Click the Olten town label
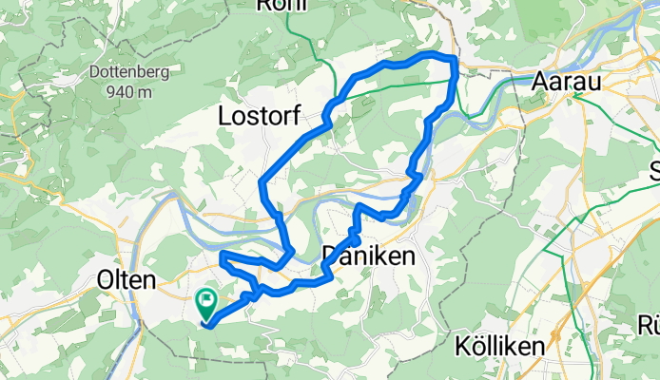[x=126, y=280]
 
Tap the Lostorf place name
[x=260, y=117]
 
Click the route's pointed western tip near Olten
[x=221, y=256]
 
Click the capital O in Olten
[x=106, y=280]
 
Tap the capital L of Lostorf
[x=225, y=117]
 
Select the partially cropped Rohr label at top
[x=280, y=5]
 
